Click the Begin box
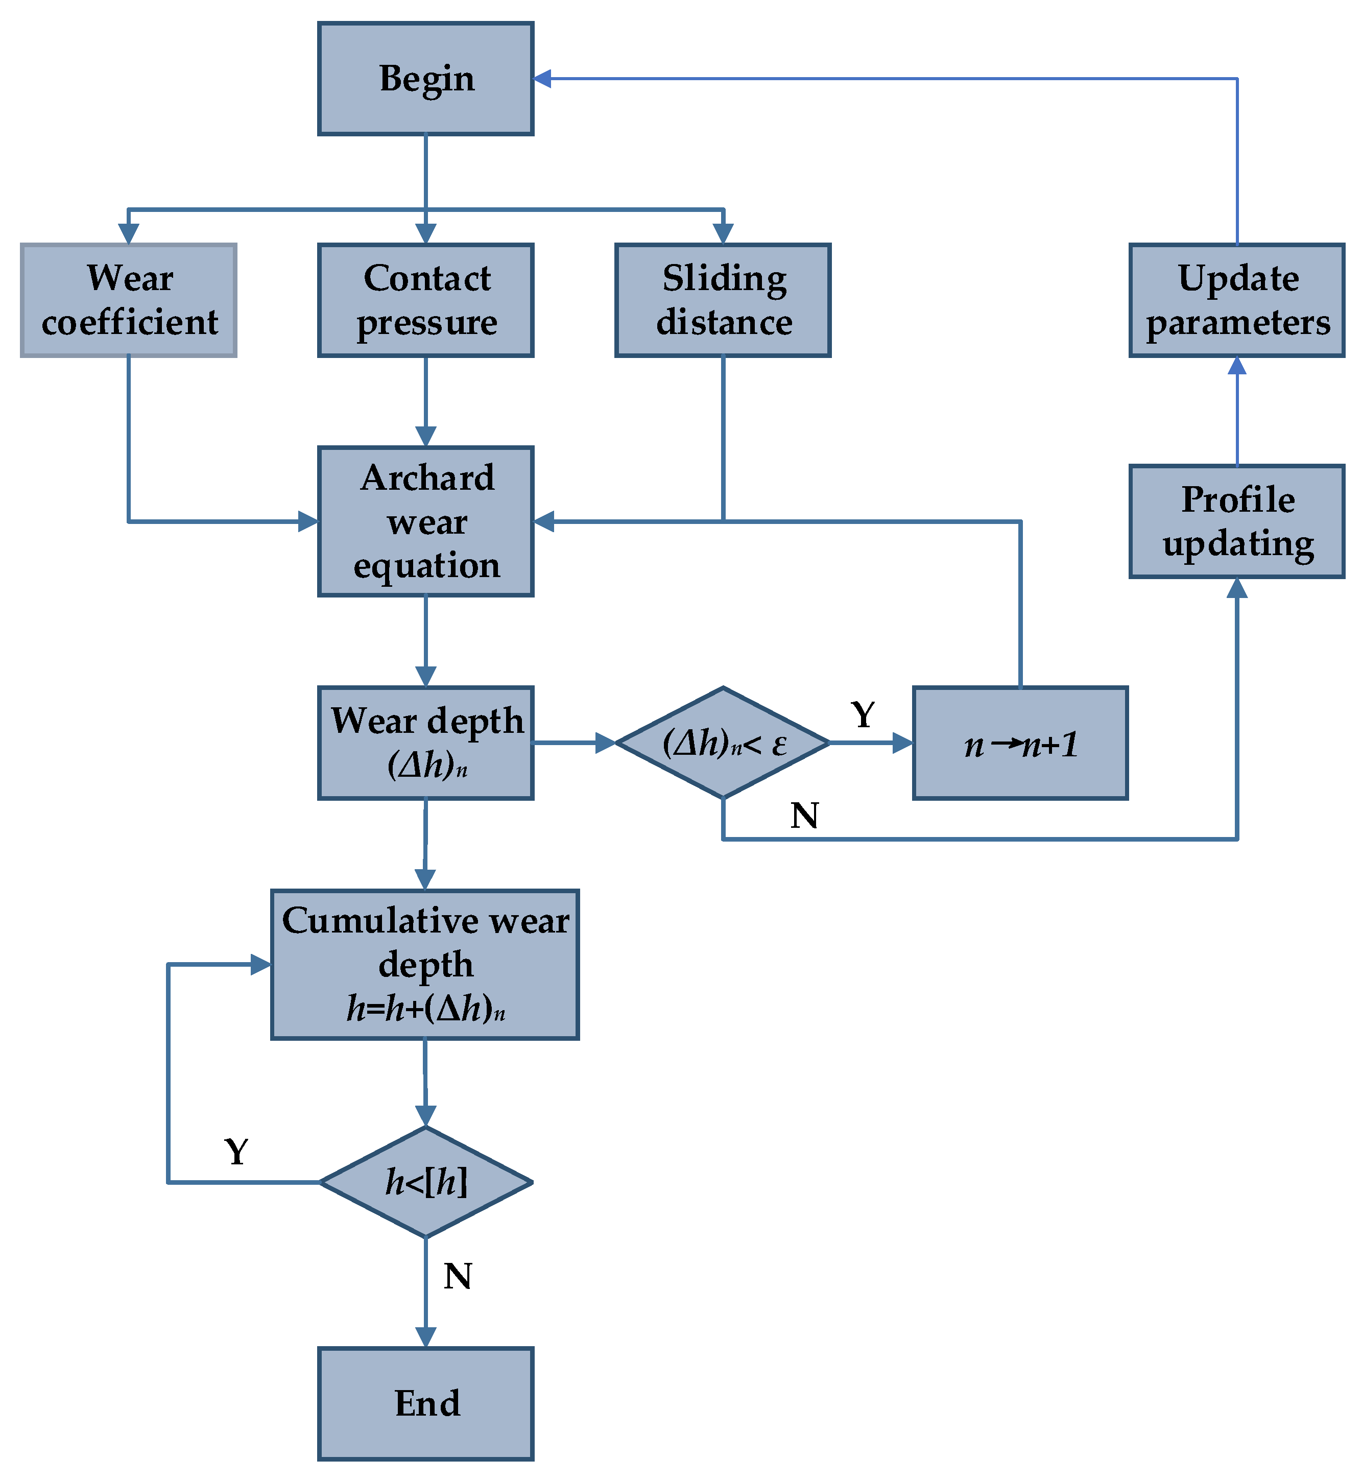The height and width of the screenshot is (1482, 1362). click(425, 78)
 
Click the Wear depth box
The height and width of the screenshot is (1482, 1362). click(425, 743)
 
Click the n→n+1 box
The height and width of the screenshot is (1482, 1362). click(1019, 743)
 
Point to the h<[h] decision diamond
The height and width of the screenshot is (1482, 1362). click(425, 1182)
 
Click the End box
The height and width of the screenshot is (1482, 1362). click(425, 1404)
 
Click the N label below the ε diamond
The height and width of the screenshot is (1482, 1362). click(804, 816)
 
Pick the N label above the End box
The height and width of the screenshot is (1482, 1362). click(458, 1276)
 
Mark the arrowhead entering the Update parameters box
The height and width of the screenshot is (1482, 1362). click(1237, 366)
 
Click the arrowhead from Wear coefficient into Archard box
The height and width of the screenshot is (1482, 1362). click(308, 522)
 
